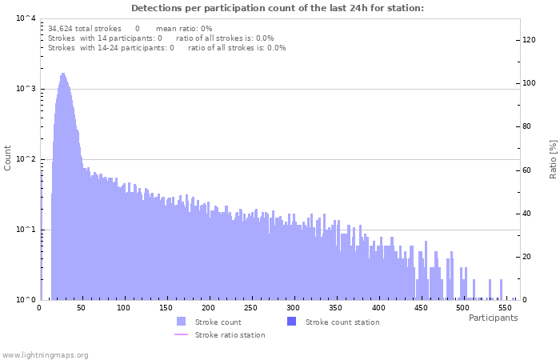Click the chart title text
(278, 9)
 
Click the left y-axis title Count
(8, 158)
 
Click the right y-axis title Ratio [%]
(552, 158)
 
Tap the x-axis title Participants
(493, 318)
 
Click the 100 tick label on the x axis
(123, 307)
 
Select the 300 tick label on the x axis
(293, 307)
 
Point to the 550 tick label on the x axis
(505, 307)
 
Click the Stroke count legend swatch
(181, 322)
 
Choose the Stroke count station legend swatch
(291, 322)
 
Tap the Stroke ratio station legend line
(181, 334)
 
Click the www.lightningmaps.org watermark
(45, 354)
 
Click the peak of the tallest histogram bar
(63, 74)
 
